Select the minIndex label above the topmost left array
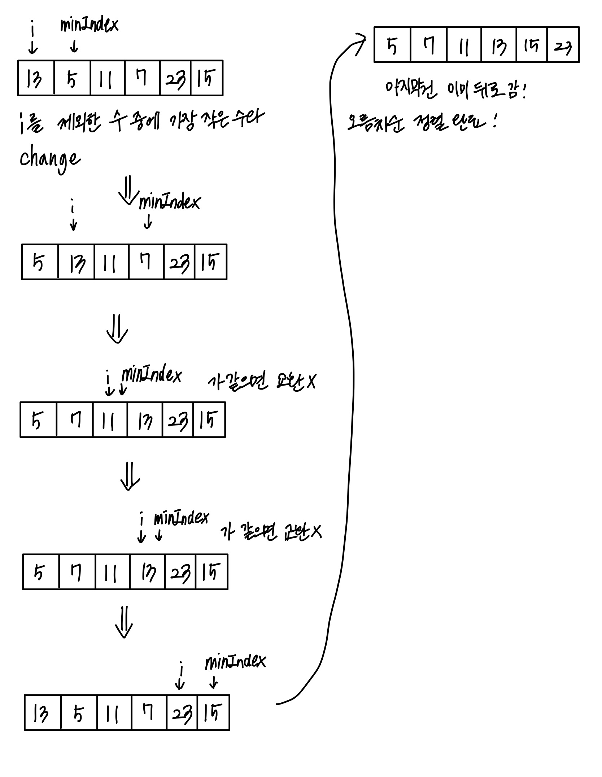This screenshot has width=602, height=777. pyautogui.click(x=89, y=25)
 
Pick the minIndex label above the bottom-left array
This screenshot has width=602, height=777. pyautogui.click(x=235, y=662)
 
